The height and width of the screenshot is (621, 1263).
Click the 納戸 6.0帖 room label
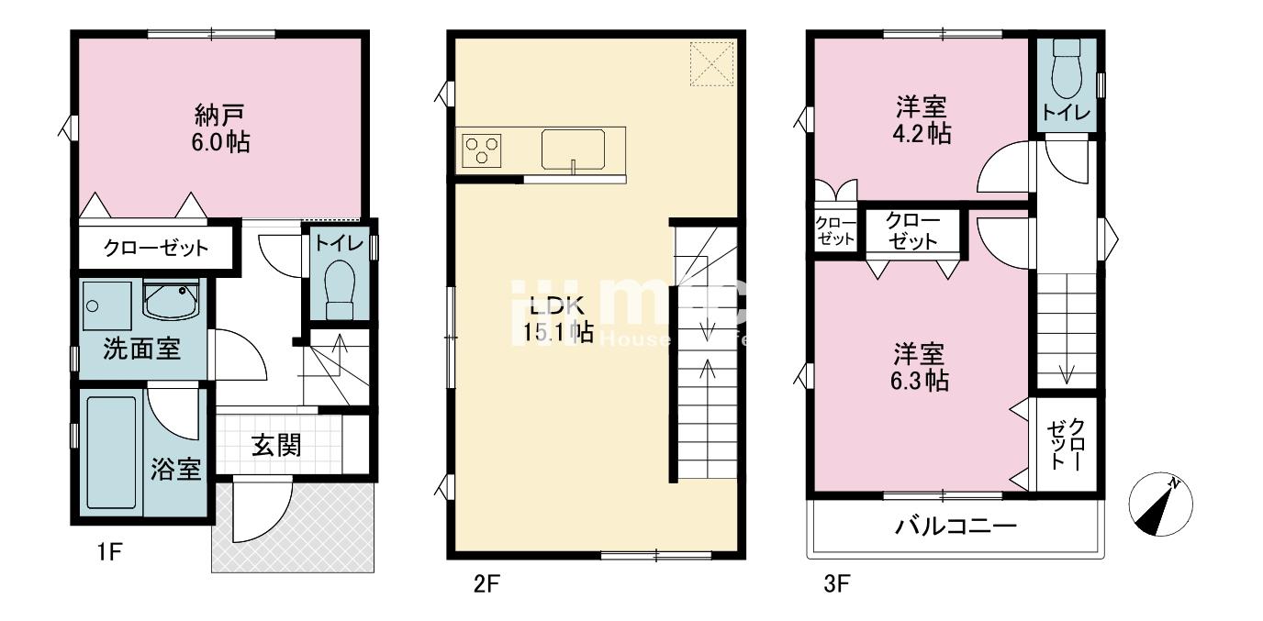click(x=221, y=128)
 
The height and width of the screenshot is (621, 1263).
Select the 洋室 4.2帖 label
click(x=922, y=119)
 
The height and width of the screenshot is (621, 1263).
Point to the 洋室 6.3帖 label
click(x=922, y=366)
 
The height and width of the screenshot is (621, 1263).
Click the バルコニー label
click(x=955, y=527)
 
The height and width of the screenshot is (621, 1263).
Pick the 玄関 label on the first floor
click(x=275, y=446)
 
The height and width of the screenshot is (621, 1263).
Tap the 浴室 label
click(x=176, y=470)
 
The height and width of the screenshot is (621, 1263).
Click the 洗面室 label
click(x=141, y=349)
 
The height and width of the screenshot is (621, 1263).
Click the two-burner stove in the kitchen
click(x=482, y=149)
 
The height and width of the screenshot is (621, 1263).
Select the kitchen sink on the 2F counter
click(x=572, y=150)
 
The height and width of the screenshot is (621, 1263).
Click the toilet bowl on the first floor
click(x=340, y=284)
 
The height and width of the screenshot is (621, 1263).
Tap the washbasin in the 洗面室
click(x=171, y=300)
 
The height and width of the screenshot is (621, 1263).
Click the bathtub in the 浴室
click(x=111, y=451)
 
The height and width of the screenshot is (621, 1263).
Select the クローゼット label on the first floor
click(x=156, y=248)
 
